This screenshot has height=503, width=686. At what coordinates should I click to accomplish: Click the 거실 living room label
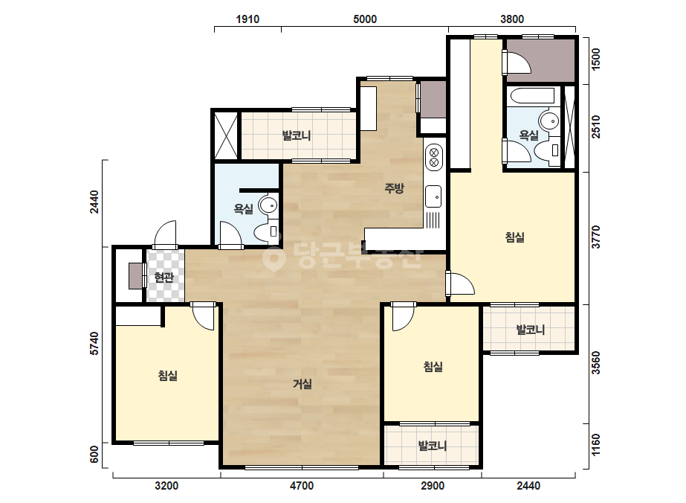(302, 384)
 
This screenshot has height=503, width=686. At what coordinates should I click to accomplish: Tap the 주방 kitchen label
(394, 188)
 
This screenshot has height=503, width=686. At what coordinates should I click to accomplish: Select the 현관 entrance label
(164, 277)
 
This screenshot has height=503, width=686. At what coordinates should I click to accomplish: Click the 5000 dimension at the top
(365, 19)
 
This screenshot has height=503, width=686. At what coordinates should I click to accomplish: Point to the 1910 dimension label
(247, 19)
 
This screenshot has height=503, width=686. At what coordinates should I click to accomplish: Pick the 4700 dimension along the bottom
(302, 485)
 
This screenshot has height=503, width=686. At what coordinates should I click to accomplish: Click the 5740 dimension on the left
(94, 344)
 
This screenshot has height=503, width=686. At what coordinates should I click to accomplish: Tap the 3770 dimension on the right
(596, 237)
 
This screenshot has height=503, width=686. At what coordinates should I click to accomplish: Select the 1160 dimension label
(596, 445)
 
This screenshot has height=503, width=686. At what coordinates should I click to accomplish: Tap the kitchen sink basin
(433, 196)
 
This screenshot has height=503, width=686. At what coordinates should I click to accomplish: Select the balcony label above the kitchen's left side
(297, 135)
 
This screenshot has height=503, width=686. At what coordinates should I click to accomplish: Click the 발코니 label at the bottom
(433, 446)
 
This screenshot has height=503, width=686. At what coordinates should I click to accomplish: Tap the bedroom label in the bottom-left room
(167, 376)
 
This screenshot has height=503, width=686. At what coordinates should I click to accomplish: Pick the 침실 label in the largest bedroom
(515, 237)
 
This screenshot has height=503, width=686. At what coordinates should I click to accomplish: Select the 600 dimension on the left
(94, 455)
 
